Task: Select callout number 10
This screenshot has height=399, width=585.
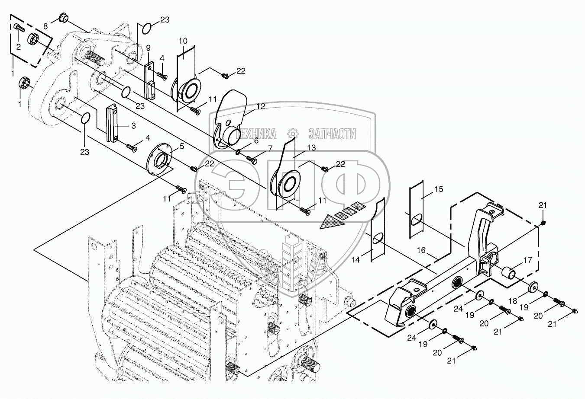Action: point(183,41)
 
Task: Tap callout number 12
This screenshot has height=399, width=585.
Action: point(259,106)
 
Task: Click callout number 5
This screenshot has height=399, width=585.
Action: point(182,146)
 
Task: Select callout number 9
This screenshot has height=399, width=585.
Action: point(148,47)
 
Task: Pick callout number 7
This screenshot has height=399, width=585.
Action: point(270,149)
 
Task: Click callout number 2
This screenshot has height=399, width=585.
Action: point(19,47)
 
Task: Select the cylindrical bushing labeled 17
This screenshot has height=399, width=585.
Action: point(509,274)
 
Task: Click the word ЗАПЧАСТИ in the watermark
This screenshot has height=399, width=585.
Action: point(332,134)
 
